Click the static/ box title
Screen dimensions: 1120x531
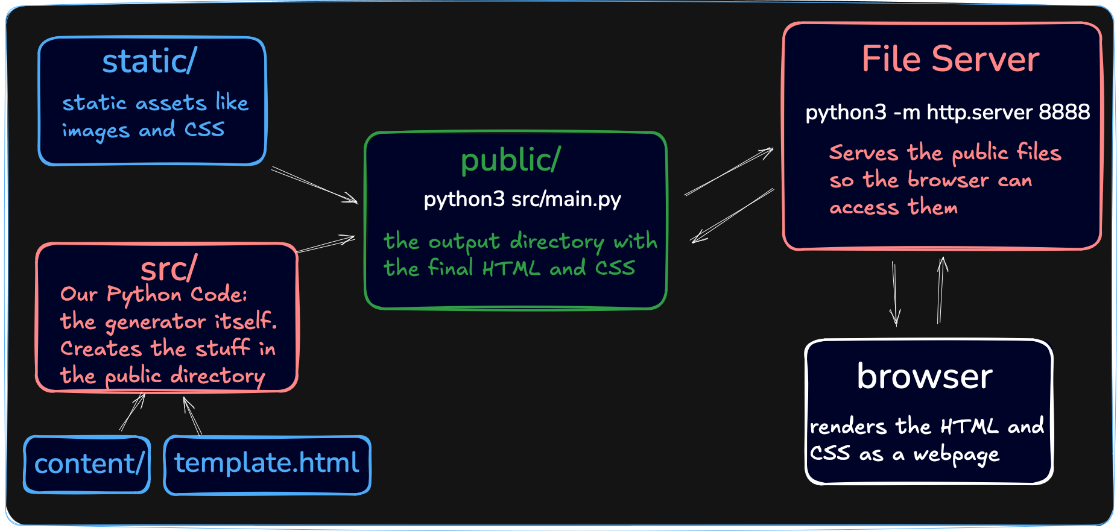150,61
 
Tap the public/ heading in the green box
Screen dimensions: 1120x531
511,160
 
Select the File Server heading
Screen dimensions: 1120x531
951,59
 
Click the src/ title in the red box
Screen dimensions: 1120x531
169,269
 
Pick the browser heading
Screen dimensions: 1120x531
925,376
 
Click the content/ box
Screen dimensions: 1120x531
87,465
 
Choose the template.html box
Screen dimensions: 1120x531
267,465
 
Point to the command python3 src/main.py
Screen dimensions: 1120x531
522,199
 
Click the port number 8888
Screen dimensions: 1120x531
1064,112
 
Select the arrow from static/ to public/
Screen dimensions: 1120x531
314,185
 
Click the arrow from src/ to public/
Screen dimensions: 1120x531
326,244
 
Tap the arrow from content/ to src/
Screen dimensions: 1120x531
133,412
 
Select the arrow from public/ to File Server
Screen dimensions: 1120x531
729,171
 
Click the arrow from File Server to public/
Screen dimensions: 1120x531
732,216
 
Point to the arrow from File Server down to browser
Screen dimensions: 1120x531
895,294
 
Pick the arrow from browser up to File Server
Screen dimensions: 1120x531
941,290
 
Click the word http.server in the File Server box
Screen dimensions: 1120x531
980,112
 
